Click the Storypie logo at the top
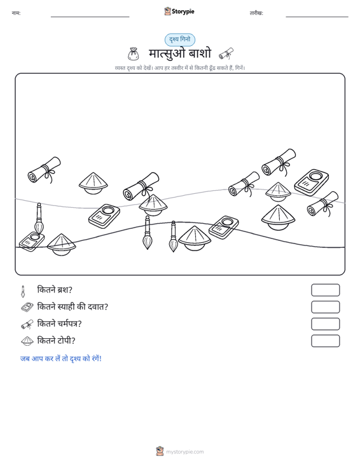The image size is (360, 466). coord(179,11)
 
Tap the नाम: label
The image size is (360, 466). coord(16,13)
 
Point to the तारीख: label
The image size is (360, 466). coord(256,13)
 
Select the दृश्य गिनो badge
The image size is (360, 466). coord(180,40)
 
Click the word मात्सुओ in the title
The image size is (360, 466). coord(167,53)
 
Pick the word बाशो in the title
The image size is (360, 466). coord(200,53)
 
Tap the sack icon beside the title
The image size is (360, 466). coord(133,54)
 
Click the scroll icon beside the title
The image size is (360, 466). coord(226,54)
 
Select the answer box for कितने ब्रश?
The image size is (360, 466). coord(325,290)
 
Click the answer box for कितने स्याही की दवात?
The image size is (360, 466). coord(325,307)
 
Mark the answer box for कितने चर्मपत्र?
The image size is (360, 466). coord(325,324)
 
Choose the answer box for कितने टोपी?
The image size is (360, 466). coord(325,341)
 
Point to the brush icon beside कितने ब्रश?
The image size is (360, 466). coord(23,291)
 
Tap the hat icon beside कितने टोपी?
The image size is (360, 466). coord(27,341)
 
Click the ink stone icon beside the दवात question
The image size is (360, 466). coord(27,307)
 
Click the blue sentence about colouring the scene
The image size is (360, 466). coord(61,359)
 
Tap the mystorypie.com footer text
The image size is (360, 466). coord(185,452)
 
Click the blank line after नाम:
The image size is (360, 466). coord(90,17)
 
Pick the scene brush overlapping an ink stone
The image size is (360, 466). coord(39,219)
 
